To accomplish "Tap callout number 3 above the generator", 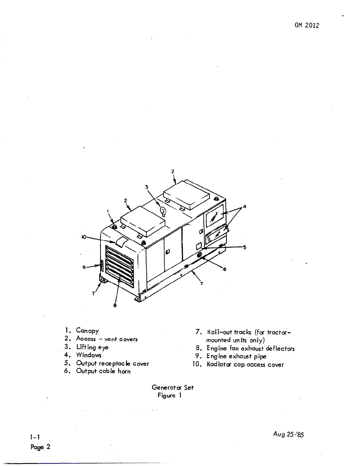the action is pos(146,187).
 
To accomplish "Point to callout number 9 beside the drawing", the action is pos(84,267).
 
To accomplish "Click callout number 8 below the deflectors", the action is pos(115,305).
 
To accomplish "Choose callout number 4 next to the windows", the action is pos(244,207).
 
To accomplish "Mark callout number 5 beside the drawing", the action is pos(244,247).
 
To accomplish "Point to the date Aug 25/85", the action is pos(288,434).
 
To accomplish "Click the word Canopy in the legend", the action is pos(87,330).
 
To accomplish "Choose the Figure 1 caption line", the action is pos(169,395).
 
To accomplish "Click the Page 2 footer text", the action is pos(40,447).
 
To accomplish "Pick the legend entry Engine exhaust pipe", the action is pos(236,356).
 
